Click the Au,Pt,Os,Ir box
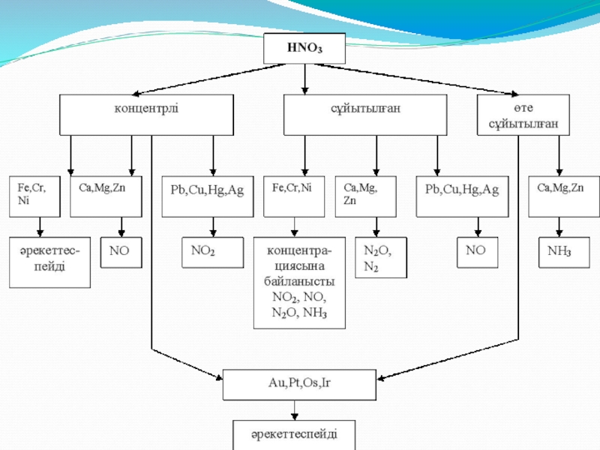(x=299, y=385)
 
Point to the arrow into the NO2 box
(x=213, y=227)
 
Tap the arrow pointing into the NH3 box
(x=559, y=227)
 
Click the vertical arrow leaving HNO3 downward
(x=304, y=79)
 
